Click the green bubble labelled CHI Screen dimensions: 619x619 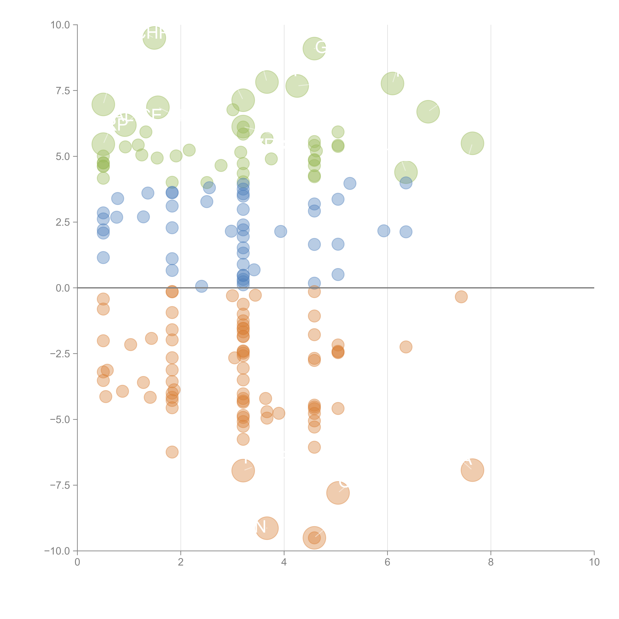pos(154,38)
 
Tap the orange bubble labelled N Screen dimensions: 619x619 pos(267,528)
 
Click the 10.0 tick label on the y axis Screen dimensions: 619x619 pos(60,25)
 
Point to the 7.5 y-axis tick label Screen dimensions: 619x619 pos(63,91)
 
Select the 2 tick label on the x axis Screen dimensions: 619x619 pos(181,562)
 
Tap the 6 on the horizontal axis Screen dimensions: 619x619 pos(387,562)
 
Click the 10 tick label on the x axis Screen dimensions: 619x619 pos(594,562)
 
